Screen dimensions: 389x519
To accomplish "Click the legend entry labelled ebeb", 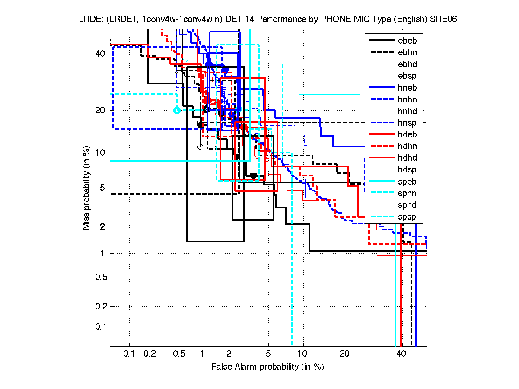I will point(407,41).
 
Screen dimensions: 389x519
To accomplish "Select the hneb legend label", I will point(407,88).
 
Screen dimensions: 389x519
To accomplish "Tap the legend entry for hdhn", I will point(407,146).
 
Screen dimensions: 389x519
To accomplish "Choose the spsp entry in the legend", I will point(407,217).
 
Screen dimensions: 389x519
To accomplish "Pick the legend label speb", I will point(407,182).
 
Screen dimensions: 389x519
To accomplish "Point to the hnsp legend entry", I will point(407,123).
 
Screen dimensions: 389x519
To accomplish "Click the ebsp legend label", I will point(407,76).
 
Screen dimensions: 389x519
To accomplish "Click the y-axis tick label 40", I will point(100,54).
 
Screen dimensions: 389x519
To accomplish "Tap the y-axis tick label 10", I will point(100,153).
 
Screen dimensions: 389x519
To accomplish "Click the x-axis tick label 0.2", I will point(150,354).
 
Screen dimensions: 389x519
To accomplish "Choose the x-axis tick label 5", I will point(268,354).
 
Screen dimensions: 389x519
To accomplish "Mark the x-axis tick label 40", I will point(401,354).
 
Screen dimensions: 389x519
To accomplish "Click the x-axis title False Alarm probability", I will point(267,367).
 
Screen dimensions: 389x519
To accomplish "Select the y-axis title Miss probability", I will point(87,188).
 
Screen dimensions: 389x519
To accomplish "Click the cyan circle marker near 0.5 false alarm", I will point(176,110).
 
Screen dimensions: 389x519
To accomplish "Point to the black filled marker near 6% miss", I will point(254,176).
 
